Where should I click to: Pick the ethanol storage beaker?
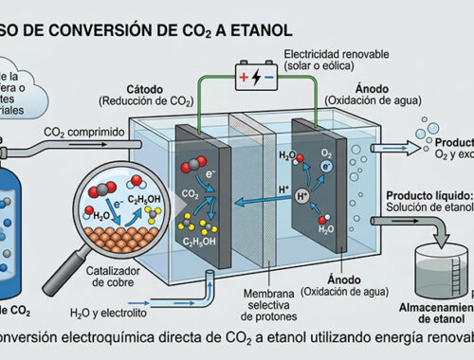tap(441, 261)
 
